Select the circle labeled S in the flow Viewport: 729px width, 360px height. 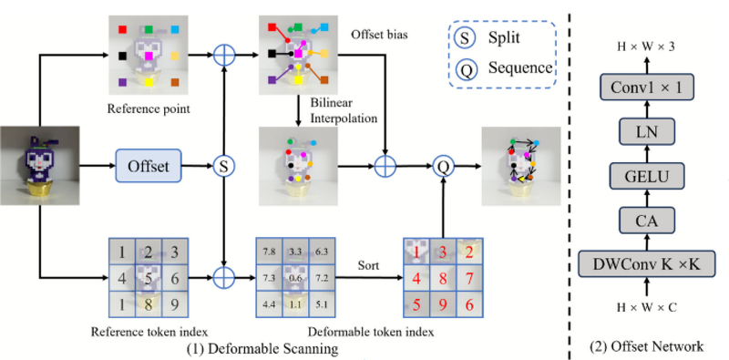[x=224, y=166]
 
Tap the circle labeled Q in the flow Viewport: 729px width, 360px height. [x=443, y=166]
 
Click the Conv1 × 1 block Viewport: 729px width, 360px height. [x=647, y=87]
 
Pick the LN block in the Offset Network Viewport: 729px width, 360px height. [x=647, y=131]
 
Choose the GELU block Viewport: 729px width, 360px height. [x=647, y=176]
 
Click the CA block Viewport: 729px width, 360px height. [x=647, y=221]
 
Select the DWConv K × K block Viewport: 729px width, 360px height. [x=647, y=265]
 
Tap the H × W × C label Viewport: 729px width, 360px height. [x=647, y=307]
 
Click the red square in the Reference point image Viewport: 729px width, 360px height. [x=122, y=30]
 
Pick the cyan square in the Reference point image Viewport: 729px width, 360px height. [x=175, y=30]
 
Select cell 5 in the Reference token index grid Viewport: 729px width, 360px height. [x=149, y=279]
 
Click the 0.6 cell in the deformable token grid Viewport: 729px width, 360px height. [x=295, y=279]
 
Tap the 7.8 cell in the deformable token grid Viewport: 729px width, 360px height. [x=269, y=252]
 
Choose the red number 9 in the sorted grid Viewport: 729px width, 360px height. [x=443, y=305]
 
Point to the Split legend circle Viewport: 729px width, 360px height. [x=464, y=38]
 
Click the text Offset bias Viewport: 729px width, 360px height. [x=380, y=35]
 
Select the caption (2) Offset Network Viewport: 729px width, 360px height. [x=646, y=346]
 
